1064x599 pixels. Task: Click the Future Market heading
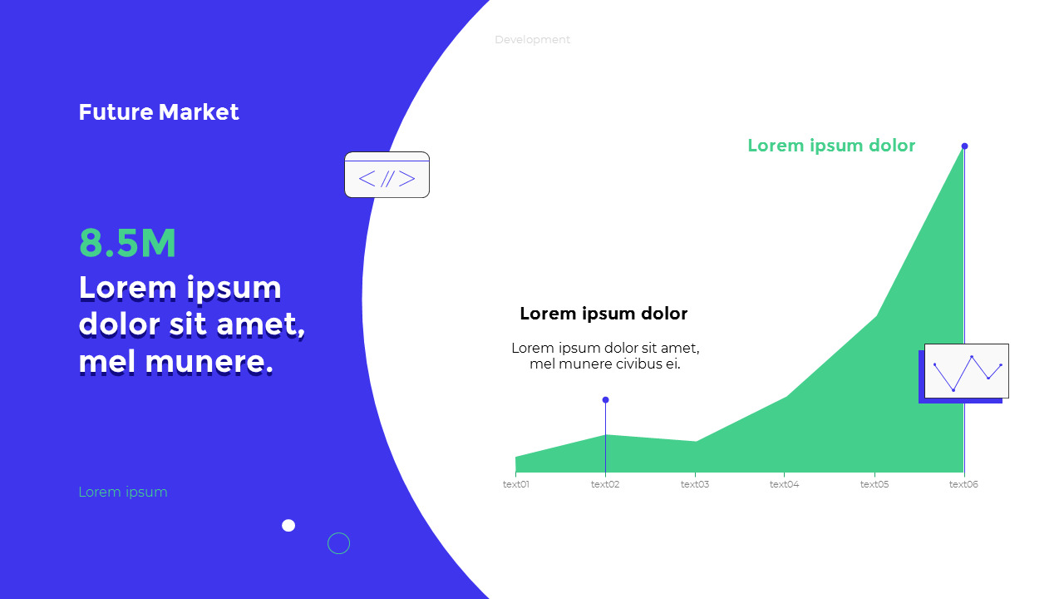click(159, 112)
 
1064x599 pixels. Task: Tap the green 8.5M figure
click(128, 244)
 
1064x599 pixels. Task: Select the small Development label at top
click(532, 40)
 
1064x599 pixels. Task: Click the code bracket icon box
click(387, 175)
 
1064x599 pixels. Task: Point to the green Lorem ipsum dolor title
click(831, 146)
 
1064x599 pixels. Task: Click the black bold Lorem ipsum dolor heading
click(603, 314)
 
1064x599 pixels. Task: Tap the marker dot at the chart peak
click(964, 146)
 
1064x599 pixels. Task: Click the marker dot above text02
click(605, 400)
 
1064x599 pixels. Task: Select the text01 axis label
click(516, 484)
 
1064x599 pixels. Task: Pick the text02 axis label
click(605, 484)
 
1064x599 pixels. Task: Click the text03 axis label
click(695, 484)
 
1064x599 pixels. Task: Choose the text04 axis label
click(784, 484)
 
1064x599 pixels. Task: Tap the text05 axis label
click(874, 484)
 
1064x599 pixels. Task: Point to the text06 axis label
click(963, 484)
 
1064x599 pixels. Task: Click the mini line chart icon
click(966, 371)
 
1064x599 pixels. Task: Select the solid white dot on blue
click(288, 525)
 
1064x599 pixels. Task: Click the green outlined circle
click(338, 543)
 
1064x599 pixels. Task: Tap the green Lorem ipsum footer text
click(123, 492)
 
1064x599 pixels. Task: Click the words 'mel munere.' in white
click(176, 362)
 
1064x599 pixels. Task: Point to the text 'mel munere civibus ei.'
click(605, 364)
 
